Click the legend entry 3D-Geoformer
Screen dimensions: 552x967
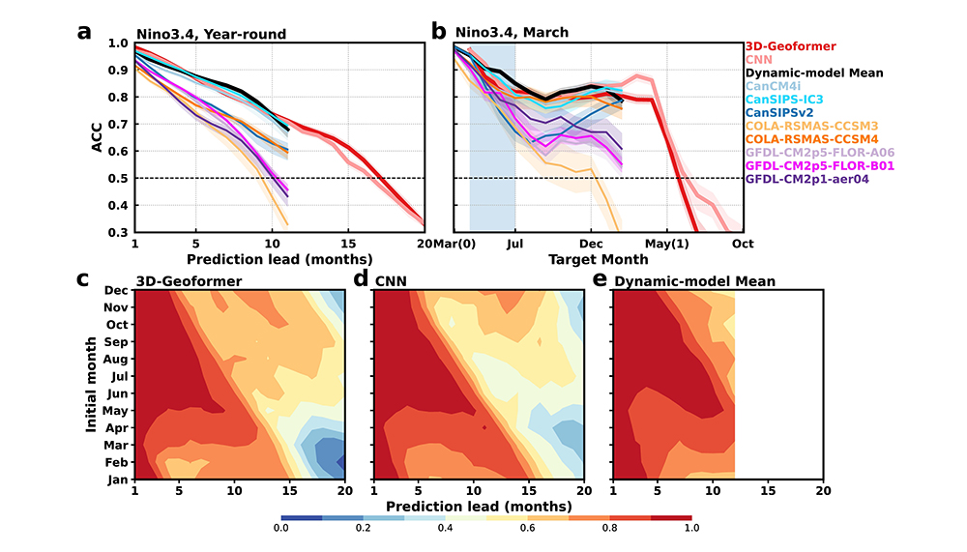click(790, 45)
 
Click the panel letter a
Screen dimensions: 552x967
click(85, 31)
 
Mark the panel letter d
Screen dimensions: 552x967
click(361, 279)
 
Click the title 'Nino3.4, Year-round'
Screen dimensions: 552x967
click(211, 34)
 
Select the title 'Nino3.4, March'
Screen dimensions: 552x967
click(521, 33)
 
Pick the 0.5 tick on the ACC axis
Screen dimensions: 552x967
click(119, 179)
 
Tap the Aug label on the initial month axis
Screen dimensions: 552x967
click(116, 359)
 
